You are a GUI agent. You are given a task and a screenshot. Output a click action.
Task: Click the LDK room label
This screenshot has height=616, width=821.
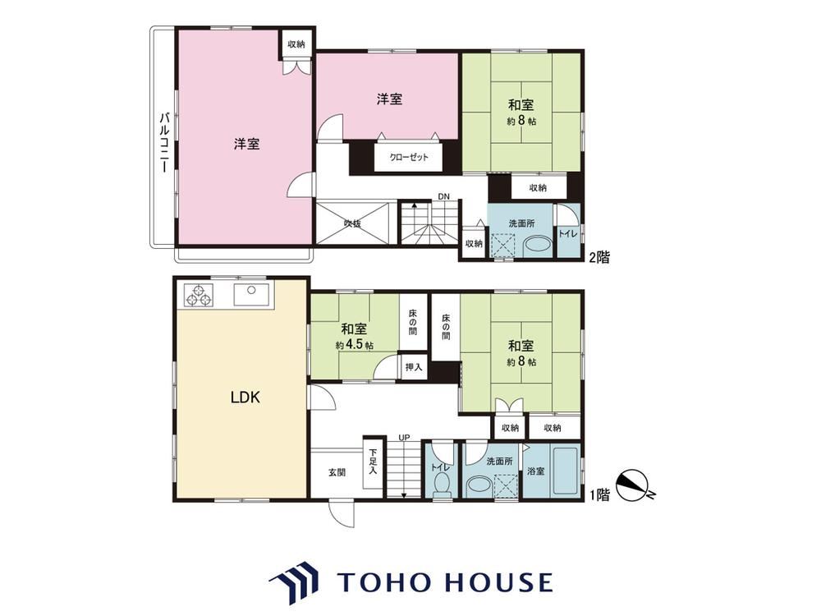[x=245, y=397]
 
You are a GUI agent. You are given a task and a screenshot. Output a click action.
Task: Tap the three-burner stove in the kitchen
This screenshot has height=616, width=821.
[x=199, y=295]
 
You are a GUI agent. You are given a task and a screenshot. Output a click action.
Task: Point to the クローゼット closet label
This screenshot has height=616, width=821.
[x=408, y=157]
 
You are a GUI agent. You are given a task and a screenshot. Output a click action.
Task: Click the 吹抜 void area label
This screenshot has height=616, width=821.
[x=352, y=223]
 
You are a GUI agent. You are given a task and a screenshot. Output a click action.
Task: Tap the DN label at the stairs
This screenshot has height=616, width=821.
[x=444, y=197]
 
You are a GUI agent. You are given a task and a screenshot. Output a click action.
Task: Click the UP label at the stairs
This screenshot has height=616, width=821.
[x=404, y=438]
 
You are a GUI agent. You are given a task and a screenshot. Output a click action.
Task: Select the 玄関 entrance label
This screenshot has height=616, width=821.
[x=337, y=472]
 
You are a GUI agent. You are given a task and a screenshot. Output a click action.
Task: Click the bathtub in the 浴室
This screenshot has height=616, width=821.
[x=565, y=471]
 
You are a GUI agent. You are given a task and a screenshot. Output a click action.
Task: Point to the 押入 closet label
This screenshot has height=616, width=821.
[x=414, y=367]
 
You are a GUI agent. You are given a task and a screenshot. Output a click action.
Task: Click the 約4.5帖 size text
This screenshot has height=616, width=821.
[x=355, y=346]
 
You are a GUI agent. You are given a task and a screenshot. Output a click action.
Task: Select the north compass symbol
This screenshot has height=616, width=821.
[x=634, y=485]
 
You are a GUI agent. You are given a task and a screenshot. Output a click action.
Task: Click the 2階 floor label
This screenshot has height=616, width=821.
[x=599, y=257]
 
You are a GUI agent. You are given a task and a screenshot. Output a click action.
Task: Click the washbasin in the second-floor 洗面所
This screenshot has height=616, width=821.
[x=538, y=246]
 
